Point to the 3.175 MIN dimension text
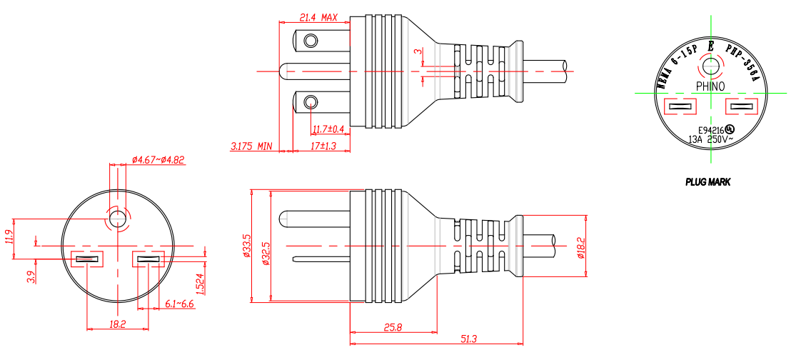(x=251, y=146)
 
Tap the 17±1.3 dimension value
(x=323, y=146)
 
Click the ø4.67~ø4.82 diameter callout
(x=158, y=160)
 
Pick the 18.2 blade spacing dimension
(x=118, y=324)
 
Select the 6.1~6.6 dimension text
(x=179, y=304)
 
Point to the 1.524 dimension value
(x=201, y=284)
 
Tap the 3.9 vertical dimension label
(x=32, y=276)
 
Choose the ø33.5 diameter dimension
(x=247, y=245)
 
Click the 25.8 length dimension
(x=393, y=328)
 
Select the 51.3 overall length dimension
(x=469, y=339)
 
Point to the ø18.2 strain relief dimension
(x=581, y=247)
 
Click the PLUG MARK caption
(x=707, y=182)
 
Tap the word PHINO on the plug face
(x=710, y=87)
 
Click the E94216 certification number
(x=711, y=130)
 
